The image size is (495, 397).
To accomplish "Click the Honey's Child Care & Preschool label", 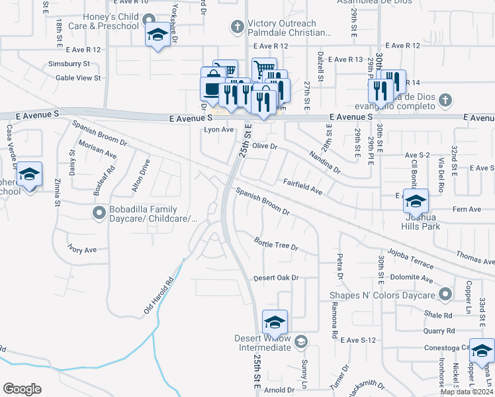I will tap(111, 21).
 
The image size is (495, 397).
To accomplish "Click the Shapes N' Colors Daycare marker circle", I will tap(446, 294).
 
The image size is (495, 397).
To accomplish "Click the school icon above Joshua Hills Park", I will tap(416, 200).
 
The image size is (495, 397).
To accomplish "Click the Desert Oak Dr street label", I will tap(277, 278).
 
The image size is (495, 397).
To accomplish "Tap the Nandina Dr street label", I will tap(324, 161).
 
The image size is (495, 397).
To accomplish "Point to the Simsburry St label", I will tap(68, 64).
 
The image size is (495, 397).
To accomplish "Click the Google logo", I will tap(22, 389).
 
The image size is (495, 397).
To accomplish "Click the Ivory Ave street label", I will tap(82, 250).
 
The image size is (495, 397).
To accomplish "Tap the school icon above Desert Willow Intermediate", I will tap(275, 322).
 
